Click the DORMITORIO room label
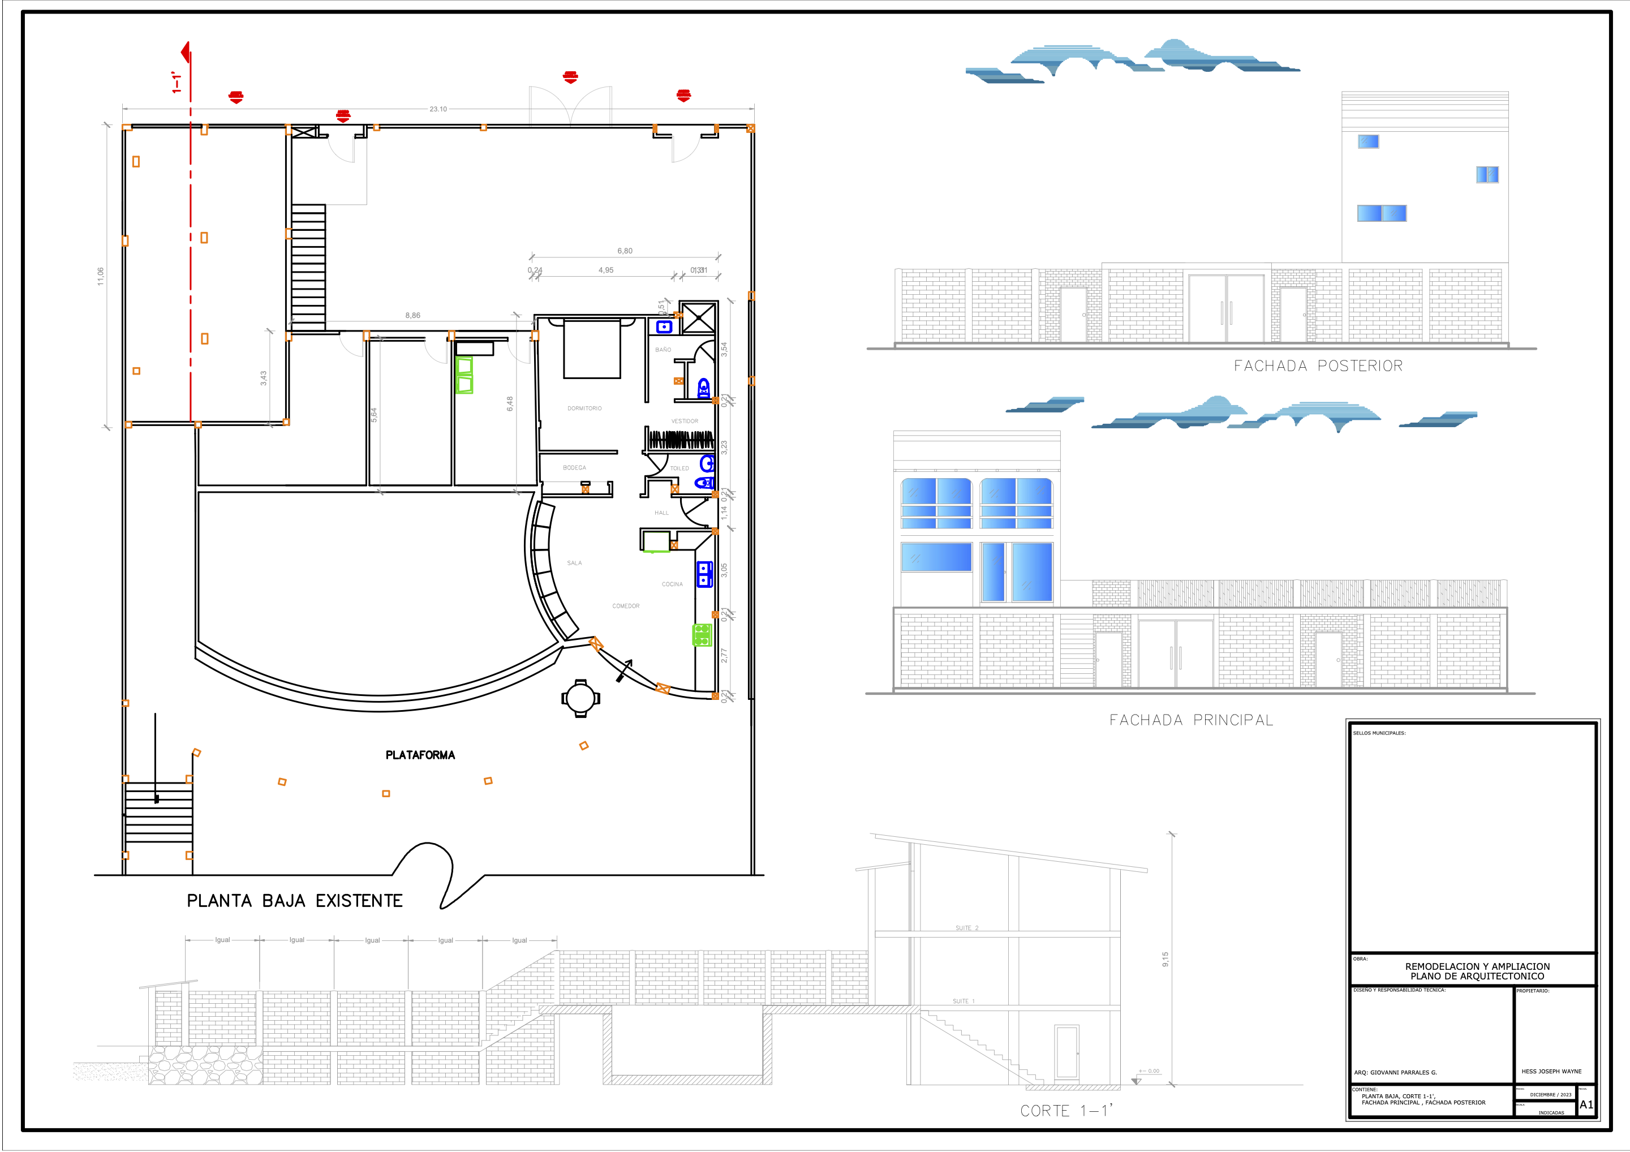coord(584,408)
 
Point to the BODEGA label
coord(574,468)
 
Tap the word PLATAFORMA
coord(420,755)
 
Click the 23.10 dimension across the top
coord(438,109)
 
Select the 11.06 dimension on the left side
coord(101,276)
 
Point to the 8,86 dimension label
coord(412,315)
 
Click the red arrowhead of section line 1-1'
coord(186,52)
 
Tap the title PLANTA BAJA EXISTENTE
coord(295,901)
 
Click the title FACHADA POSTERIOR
coord(1318,366)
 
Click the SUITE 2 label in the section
coord(966,928)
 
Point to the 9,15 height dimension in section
coord(1165,959)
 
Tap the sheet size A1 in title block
coord(1586,1104)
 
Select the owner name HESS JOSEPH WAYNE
coord(1551,1071)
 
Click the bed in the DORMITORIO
coord(592,349)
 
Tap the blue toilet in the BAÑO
coord(703,388)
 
